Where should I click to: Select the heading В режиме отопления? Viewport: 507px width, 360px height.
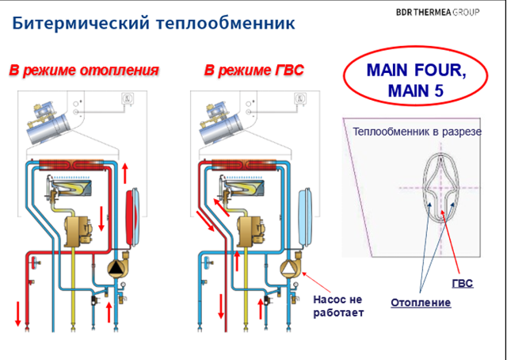84,71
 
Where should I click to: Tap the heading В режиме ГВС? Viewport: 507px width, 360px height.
253,71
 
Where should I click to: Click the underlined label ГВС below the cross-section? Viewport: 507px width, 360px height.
462,283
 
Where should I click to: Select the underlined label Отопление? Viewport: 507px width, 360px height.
421,303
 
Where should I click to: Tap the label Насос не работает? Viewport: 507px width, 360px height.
338,306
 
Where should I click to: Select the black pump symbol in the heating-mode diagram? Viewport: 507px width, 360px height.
117,268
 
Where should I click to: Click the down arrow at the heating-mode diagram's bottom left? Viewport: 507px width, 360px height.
17,312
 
